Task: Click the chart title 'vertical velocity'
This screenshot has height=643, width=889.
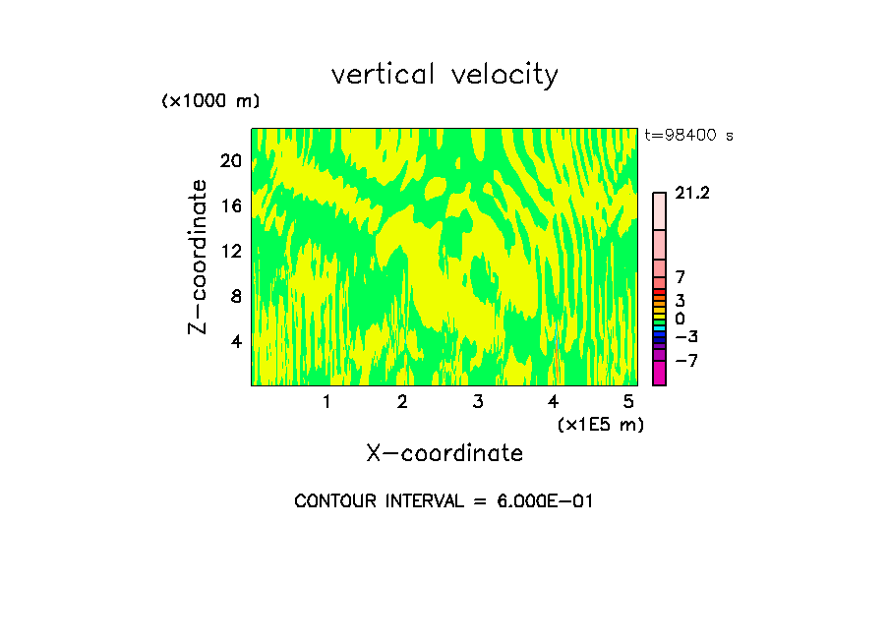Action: (444, 75)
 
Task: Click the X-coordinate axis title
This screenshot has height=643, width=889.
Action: (444, 453)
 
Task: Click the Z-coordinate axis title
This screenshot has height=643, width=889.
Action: (198, 257)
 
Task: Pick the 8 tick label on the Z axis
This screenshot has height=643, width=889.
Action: (236, 296)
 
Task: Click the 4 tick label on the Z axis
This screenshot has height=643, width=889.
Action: (236, 341)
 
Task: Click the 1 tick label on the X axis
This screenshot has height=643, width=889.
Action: (326, 401)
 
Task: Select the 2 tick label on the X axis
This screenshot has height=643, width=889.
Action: (402, 401)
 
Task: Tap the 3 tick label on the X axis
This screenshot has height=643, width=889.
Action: (478, 401)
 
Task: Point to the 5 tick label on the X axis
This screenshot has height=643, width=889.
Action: (628, 401)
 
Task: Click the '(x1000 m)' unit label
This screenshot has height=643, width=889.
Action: (209, 102)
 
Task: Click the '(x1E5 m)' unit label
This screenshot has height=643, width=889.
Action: (600, 425)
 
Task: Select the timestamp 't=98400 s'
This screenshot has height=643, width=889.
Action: (688, 136)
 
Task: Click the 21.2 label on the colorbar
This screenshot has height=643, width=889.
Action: (692, 194)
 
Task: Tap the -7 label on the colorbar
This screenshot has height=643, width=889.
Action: (686, 361)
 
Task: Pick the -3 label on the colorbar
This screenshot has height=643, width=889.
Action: (686, 337)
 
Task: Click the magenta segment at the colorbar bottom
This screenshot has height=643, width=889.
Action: (659, 374)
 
